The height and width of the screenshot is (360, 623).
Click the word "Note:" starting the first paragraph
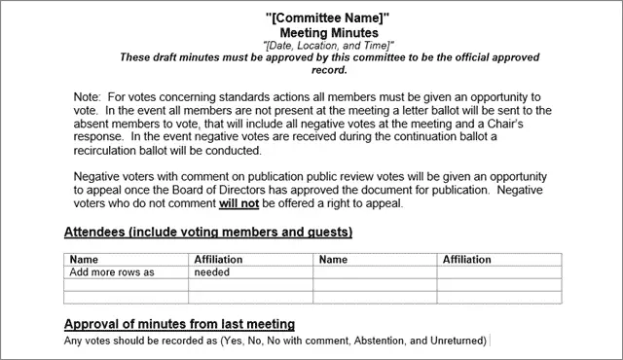tap(89, 98)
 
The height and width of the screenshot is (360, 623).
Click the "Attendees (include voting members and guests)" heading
tap(207, 233)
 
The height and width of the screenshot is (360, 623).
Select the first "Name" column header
tap(85, 260)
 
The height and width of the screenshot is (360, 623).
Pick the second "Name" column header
tap(333, 260)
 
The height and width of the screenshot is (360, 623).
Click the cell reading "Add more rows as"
tap(112, 272)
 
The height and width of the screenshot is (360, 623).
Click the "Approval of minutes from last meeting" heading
tap(179, 323)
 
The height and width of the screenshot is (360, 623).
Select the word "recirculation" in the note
tap(108, 151)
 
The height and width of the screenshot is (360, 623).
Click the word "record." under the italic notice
tap(328, 70)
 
